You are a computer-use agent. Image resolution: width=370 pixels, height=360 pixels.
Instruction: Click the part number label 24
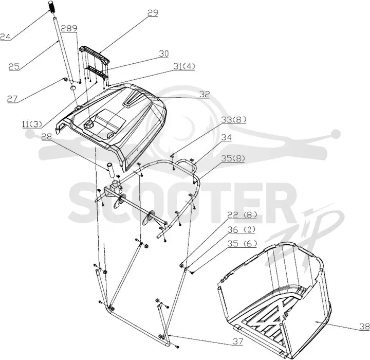point(6,37)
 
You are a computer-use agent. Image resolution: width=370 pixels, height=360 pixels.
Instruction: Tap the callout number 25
point(14,67)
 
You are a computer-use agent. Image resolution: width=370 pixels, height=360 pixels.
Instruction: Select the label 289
point(69,28)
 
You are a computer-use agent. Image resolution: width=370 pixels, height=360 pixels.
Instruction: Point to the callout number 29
point(153,13)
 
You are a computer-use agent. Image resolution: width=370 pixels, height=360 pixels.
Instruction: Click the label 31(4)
point(184,67)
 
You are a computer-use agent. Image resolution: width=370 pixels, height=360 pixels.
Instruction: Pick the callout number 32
point(205,94)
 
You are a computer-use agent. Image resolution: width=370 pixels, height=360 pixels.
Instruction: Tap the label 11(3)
point(32,124)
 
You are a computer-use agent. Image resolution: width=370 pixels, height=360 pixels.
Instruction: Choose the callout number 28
point(47,137)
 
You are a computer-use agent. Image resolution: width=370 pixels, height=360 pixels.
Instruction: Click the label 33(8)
point(234,120)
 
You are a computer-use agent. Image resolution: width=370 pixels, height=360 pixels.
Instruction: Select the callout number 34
point(226,137)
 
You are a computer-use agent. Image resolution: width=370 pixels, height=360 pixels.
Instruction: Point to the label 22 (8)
point(242,215)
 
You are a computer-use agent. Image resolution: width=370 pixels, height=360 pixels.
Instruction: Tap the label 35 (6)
point(242,244)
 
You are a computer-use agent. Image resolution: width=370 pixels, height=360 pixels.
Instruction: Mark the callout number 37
point(237,341)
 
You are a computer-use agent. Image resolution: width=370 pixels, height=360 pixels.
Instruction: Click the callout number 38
point(365,327)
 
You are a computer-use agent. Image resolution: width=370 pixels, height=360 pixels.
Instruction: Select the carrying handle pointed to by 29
point(95,54)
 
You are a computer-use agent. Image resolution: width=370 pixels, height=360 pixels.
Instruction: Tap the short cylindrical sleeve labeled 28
point(111,169)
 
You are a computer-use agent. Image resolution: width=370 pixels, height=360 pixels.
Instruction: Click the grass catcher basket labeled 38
point(274,300)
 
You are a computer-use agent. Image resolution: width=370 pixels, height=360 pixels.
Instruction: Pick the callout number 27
point(12,99)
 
